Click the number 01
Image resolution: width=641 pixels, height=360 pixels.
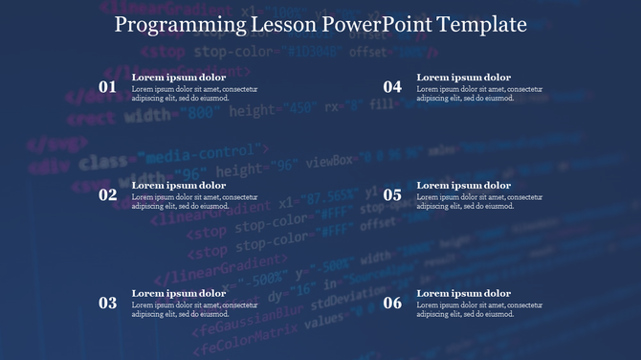coord(108,87)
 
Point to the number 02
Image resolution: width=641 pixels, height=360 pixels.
coord(108,195)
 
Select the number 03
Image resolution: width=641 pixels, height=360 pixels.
coord(108,304)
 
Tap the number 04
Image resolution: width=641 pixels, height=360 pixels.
coord(392,87)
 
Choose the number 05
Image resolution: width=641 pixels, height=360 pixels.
coord(392,195)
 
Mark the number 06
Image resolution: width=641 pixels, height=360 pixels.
coord(392,304)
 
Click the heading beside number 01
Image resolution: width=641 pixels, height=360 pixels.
coord(179,78)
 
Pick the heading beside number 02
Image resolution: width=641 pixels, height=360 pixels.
coord(179,186)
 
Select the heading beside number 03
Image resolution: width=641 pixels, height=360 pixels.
coord(179,294)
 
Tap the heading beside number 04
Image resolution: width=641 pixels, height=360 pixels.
coord(464,78)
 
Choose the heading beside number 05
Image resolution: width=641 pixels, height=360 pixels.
coord(464,186)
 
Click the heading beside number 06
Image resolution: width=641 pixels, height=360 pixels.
coord(464,294)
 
